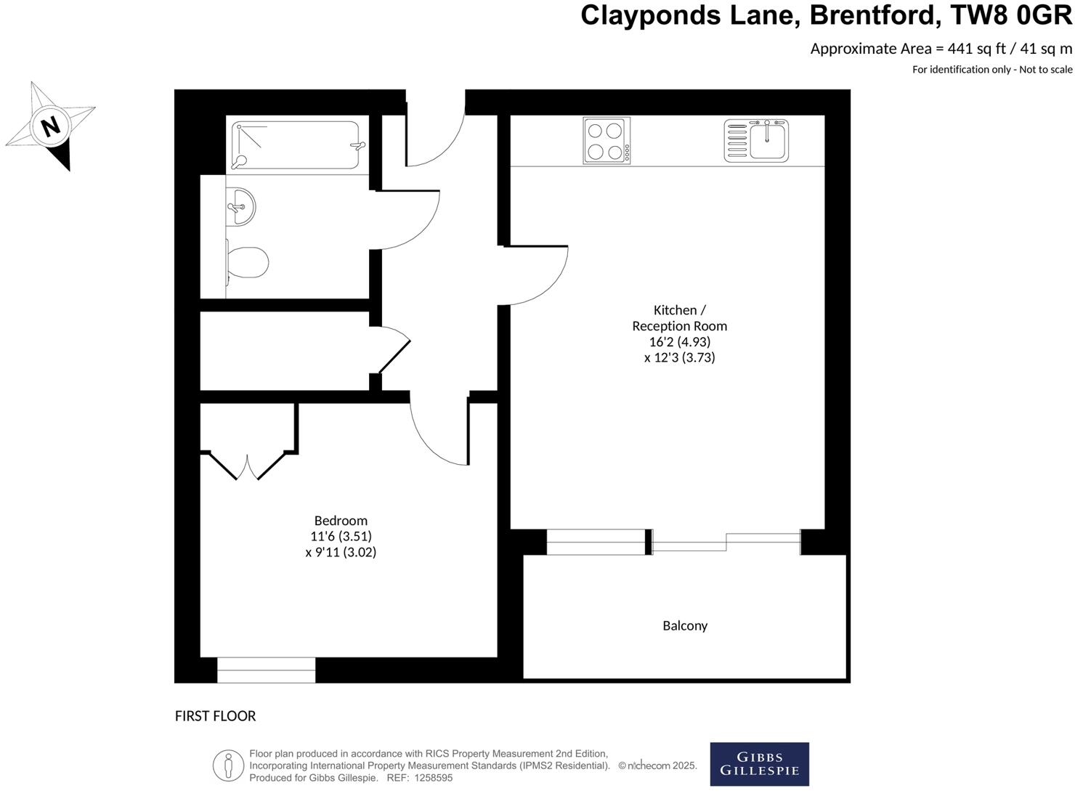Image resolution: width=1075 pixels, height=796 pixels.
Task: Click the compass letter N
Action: [x=50, y=126]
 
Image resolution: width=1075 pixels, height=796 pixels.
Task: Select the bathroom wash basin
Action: [x=240, y=206]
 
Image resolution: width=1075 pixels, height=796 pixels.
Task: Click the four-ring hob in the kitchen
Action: [x=607, y=141]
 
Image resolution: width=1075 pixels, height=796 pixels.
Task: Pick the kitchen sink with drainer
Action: [x=756, y=140]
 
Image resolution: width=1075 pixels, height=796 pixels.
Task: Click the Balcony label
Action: [x=684, y=625]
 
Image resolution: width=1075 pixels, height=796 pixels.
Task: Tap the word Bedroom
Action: [x=341, y=520]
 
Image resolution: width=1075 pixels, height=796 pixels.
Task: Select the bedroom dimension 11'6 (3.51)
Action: [x=341, y=536]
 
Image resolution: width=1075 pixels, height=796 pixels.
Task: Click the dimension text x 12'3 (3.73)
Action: [x=679, y=357]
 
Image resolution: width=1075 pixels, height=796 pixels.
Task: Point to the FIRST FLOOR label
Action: [x=215, y=716]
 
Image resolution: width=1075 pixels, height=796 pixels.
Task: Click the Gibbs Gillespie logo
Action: [x=759, y=764]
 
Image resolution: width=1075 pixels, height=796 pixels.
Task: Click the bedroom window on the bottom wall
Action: [x=266, y=670]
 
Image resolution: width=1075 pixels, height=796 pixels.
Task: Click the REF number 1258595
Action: [x=433, y=778]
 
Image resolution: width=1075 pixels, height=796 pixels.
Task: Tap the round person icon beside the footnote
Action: [x=228, y=765]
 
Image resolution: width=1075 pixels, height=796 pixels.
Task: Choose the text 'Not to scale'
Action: [x=1045, y=70]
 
